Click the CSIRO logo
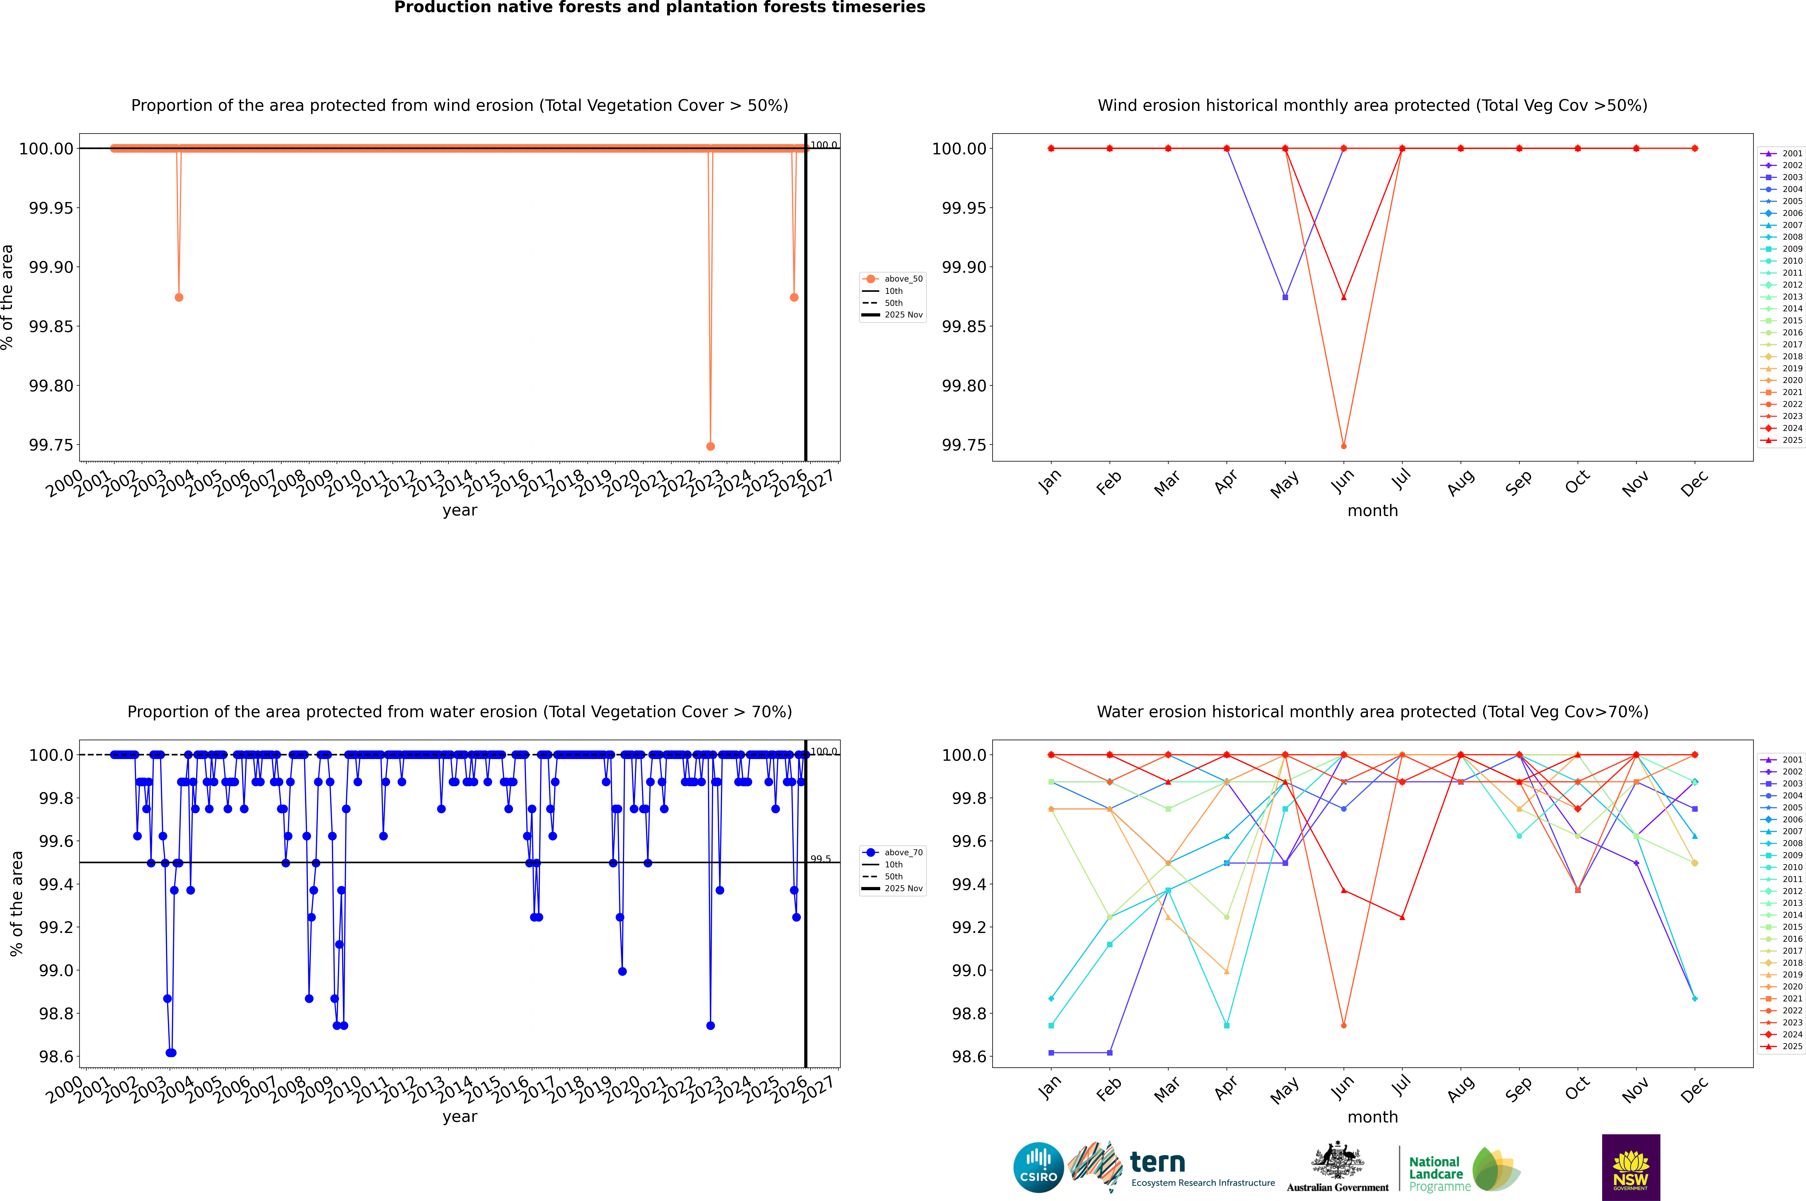1038,1167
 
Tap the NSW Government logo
1631,1167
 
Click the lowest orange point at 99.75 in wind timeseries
711,446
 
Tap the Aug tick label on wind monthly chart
1460,482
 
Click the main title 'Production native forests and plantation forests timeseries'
659,8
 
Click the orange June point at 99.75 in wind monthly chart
1344,446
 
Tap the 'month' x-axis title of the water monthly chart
1372,1117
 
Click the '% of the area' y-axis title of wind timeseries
8,297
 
